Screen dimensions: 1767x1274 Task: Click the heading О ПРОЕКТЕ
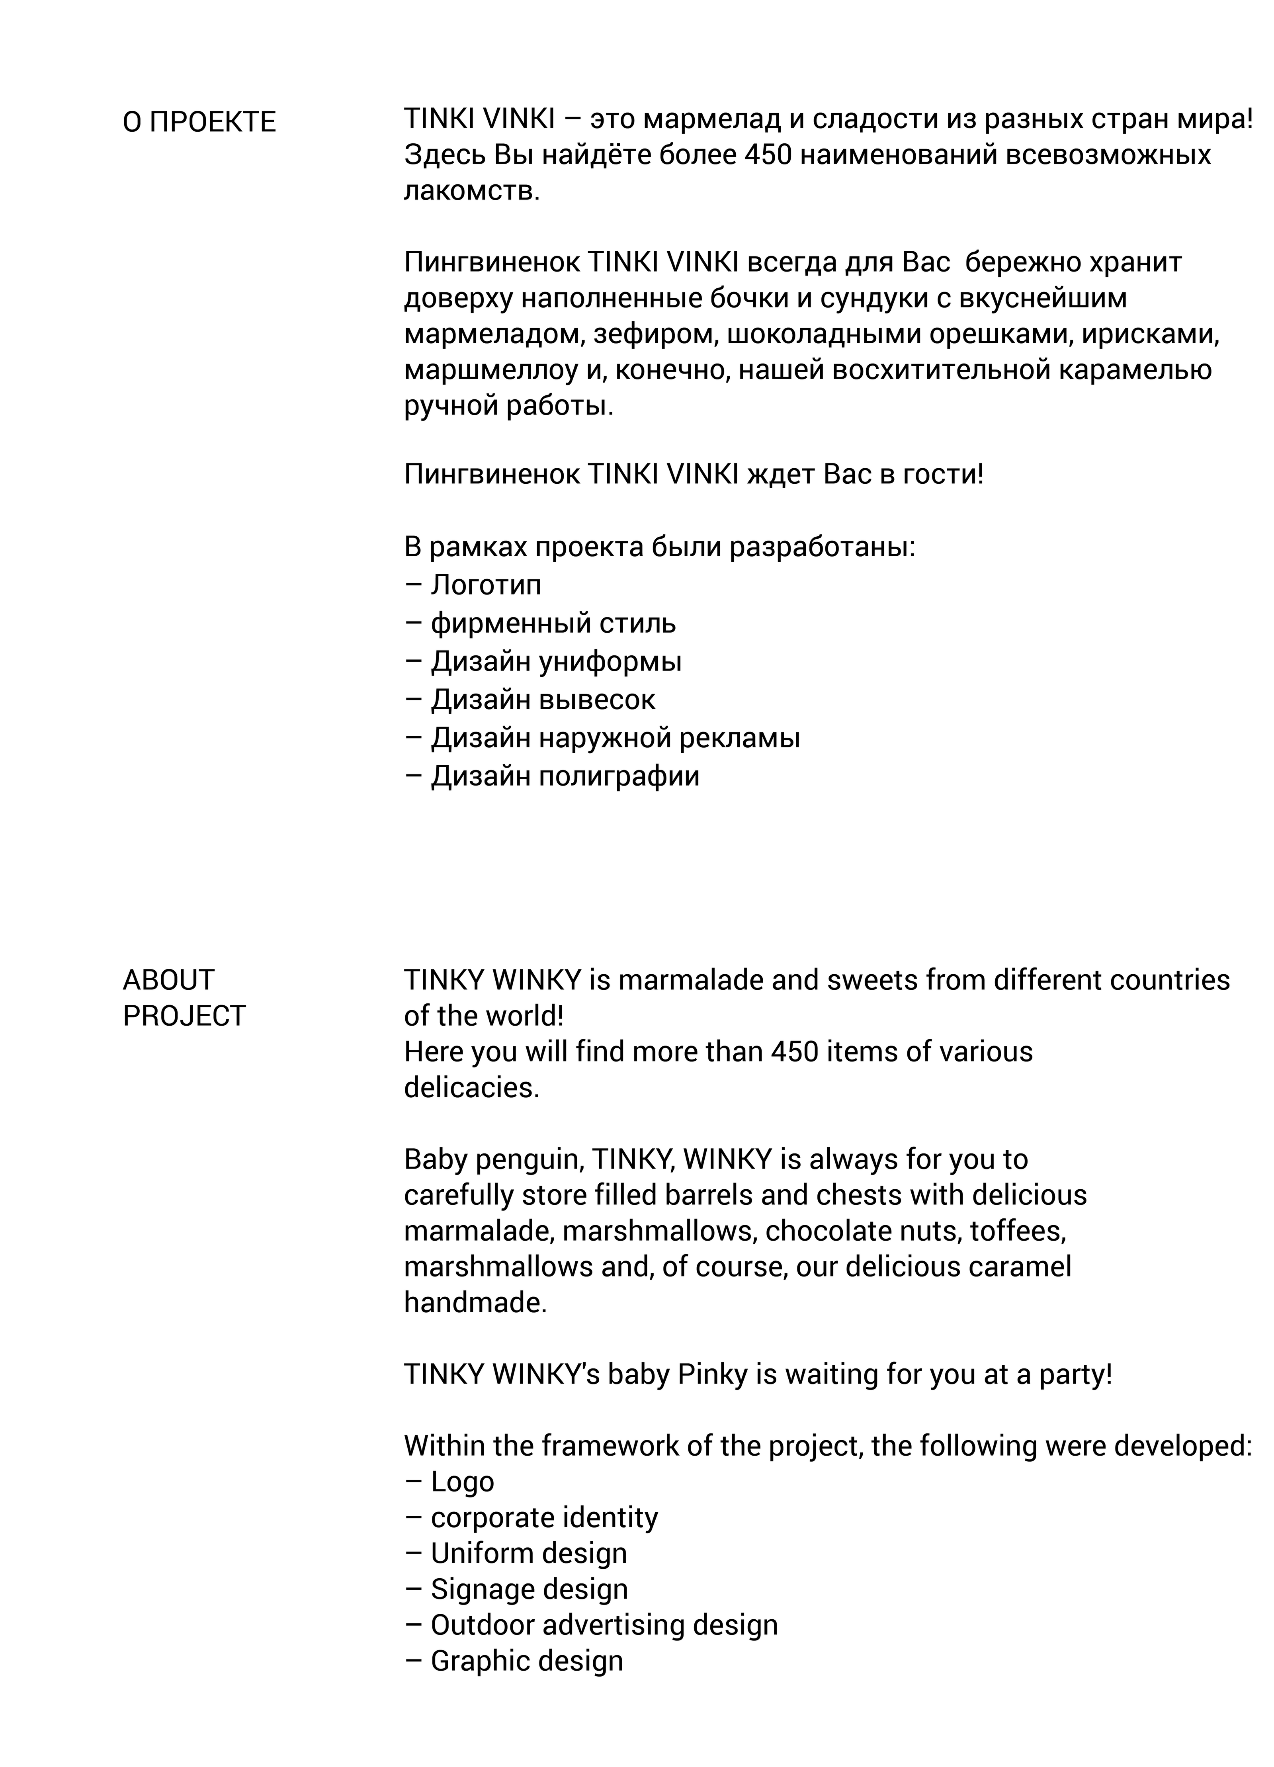(x=199, y=122)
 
